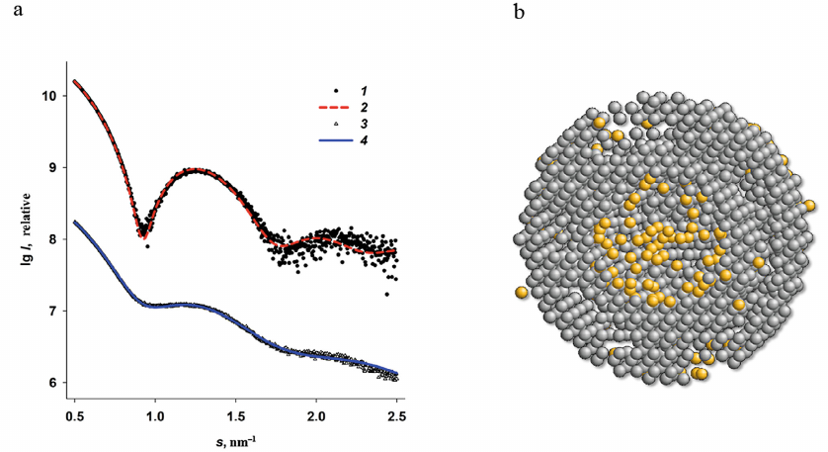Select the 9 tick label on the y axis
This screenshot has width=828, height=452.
[55, 167]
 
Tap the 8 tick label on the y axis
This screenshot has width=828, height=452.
[55, 239]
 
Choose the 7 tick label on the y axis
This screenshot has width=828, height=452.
[55, 311]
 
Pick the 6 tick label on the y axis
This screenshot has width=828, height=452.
[55, 383]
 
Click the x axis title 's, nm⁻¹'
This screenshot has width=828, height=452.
[235, 436]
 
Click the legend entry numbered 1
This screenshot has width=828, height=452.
[348, 91]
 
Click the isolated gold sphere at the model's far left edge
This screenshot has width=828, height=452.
[521, 293]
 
